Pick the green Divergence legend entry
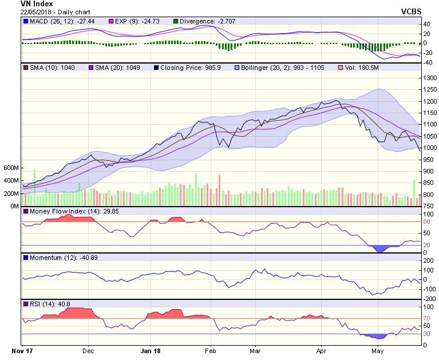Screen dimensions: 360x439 click(197, 21)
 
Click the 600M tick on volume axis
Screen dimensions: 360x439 click(11, 168)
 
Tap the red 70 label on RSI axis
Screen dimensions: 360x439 click(427, 318)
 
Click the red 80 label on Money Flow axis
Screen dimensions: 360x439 click(427, 221)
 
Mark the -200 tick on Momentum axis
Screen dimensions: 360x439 click(429, 299)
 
